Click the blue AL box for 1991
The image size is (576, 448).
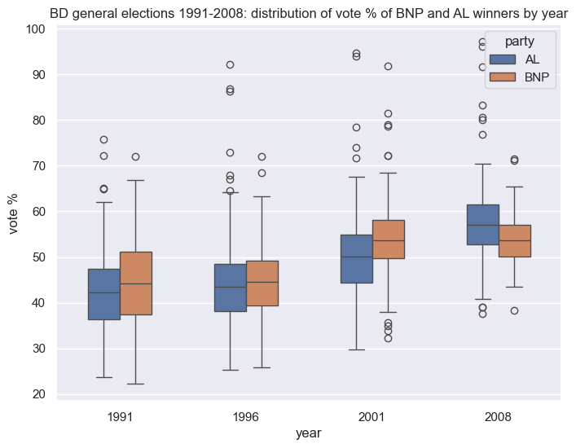tap(104, 294)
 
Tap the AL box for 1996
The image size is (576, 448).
tap(230, 288)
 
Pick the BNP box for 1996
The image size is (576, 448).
tap(262, 283)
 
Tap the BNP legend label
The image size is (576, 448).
tap(539, 77)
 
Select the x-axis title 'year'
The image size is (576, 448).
tap(309, 433)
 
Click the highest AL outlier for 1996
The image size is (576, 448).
tap(230, 64)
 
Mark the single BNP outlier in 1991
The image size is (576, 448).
tap(135, 156)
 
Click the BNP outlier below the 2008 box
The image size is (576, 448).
tap(514, 310)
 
